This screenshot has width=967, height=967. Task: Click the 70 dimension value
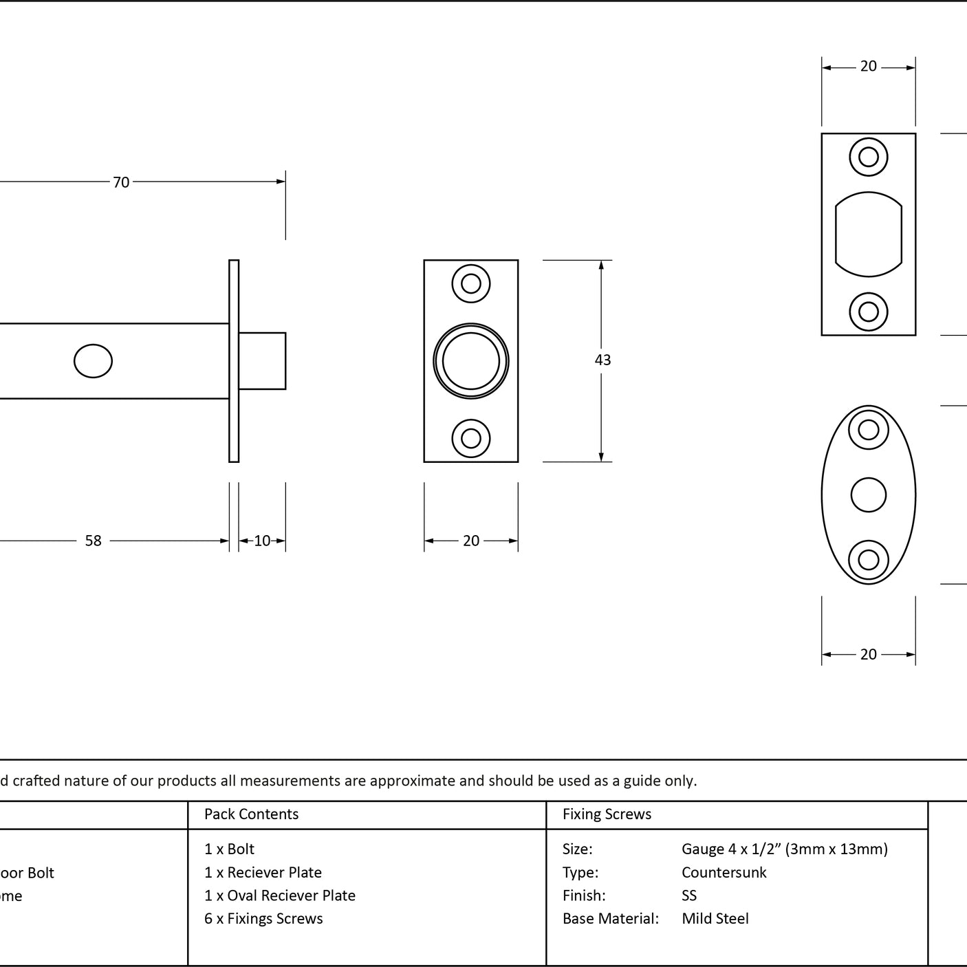(121, 182)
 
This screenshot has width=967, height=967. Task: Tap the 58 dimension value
(93, 541)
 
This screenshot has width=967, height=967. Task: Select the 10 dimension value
(262, 541)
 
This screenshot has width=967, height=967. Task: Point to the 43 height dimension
(602, 360)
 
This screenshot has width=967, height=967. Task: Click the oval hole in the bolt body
(93, 361)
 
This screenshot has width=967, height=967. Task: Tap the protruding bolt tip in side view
(262, 361)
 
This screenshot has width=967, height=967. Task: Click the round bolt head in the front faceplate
(470, 361)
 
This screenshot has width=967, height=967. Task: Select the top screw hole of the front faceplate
(470, 283)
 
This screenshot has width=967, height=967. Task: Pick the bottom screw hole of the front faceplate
(470, 438)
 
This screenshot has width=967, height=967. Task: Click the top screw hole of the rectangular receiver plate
(868, 157)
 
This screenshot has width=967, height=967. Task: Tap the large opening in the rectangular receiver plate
(868, 234)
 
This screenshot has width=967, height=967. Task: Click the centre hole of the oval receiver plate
(868, 495)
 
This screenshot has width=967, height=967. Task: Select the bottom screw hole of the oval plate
(868, 560)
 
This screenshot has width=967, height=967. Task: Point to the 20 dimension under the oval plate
(868, 654)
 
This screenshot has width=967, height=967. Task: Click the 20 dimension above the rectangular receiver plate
(868, 66)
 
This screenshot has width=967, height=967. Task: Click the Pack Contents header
(252, 814)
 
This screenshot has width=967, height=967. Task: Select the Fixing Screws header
(607, 814)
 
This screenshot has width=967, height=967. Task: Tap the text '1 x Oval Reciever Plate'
(280, 895)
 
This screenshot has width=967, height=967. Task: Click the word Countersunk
(724, 872)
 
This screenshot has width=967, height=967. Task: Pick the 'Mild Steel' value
(715, 918)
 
